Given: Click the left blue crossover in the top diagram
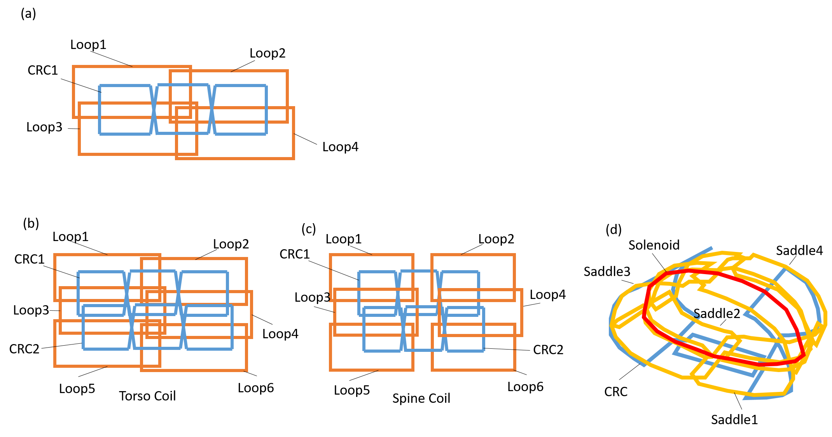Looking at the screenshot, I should pyautogui.click(x=154, y=109).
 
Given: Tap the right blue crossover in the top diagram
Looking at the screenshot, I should pyautogui.click(x=211, y=109).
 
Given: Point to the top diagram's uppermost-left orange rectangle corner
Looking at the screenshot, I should pyautogui.click(x=73, y=67).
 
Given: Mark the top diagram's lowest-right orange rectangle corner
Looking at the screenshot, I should pyautogui.click(x=294, y=158).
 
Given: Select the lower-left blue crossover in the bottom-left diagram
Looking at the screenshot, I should pyautogui.click(x=132, y=327).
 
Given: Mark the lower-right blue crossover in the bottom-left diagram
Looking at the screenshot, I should pyautogui.click(x=184, y=327).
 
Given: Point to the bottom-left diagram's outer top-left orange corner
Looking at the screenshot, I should pyautogui.click(x=55, y=255).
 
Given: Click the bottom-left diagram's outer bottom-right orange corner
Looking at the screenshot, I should pyautogui.click(x=246, y=370).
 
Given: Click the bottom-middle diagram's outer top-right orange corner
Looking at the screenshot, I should pyautogui.click(x=514, y=255).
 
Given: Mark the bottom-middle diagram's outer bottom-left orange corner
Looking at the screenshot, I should pyautogui.click(x=330, y=370).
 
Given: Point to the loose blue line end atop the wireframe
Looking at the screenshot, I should pyautogui.click(x=711, y=248).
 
